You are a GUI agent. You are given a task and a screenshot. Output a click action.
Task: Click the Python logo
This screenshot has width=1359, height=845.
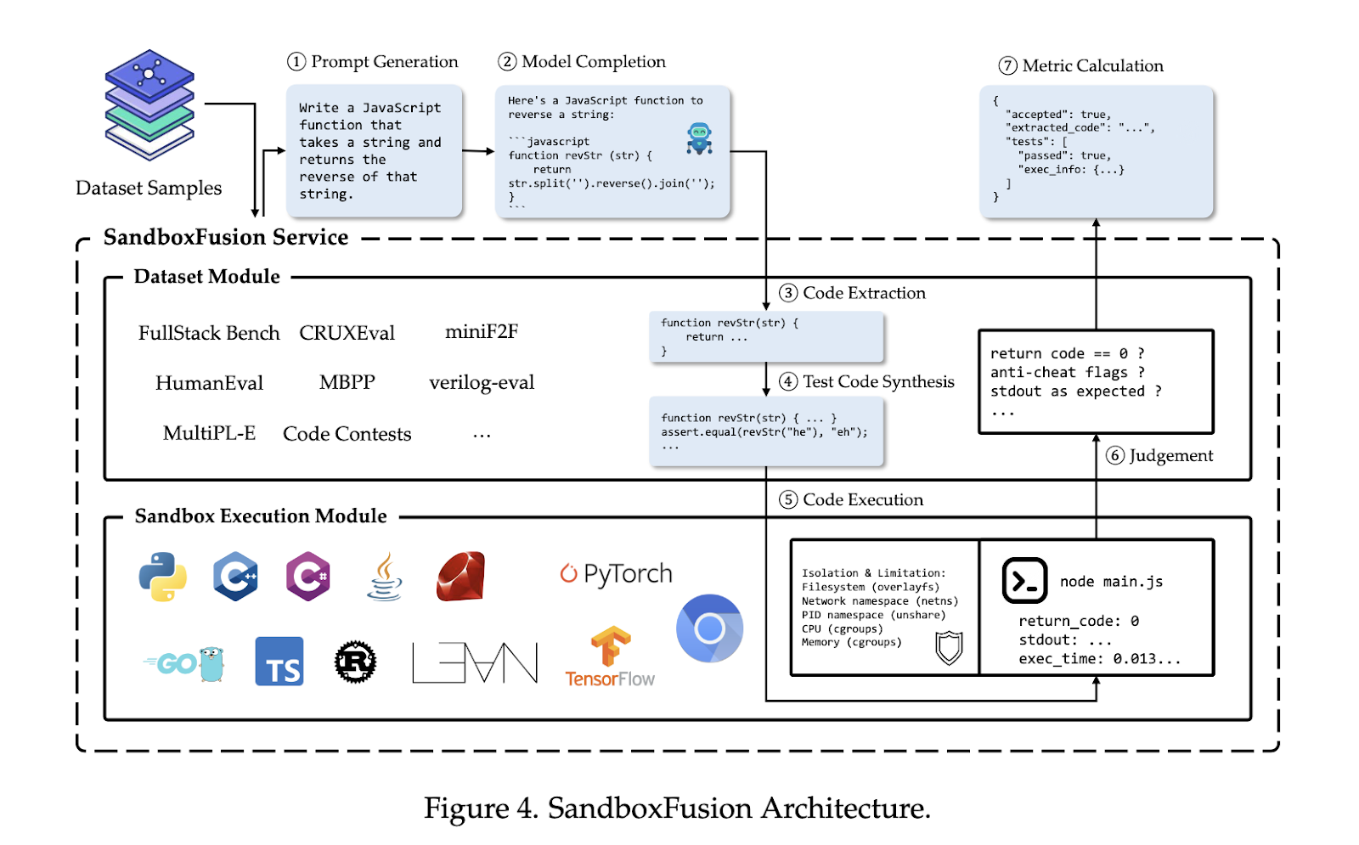[163, 577]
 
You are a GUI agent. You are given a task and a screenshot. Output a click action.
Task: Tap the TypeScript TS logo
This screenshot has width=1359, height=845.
[279, 662]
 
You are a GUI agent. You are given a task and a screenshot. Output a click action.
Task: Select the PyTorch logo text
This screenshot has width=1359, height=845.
[617, 574]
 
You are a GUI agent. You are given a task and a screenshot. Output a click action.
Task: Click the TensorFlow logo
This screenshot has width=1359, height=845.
[610, 656]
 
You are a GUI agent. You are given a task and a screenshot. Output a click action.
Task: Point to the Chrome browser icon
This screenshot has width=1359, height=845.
[709, 628]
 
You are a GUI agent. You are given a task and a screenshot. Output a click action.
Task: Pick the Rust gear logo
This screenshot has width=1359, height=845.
[355, 662]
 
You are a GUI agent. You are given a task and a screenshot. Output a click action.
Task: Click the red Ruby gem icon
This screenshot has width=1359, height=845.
[461, 577]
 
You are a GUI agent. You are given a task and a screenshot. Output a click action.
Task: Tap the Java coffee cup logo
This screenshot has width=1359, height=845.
[385, 577]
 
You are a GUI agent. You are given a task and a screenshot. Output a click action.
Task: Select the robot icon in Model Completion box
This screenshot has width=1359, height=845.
[699, 138]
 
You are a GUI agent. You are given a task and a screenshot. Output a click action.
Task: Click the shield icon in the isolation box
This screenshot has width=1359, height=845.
[949, 648]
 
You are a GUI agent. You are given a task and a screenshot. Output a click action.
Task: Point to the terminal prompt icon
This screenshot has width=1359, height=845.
[1024, 580]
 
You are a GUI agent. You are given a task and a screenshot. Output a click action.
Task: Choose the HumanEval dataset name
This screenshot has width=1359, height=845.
[209, 383]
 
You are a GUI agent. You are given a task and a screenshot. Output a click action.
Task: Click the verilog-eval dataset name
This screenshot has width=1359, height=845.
[482, 383]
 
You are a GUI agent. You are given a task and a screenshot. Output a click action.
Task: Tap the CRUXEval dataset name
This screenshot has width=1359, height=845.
[347, 333]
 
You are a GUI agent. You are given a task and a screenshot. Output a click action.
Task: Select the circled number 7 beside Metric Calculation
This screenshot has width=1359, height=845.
[1008, 66]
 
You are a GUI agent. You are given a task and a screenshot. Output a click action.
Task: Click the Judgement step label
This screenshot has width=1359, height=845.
[1170, 456]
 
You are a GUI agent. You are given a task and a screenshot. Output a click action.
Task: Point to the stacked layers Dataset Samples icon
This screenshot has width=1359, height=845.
[149, 104]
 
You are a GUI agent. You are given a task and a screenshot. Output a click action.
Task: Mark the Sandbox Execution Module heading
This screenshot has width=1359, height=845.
[261, 516]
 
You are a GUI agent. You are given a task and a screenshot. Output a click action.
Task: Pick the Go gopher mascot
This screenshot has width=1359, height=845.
[211, 663]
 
